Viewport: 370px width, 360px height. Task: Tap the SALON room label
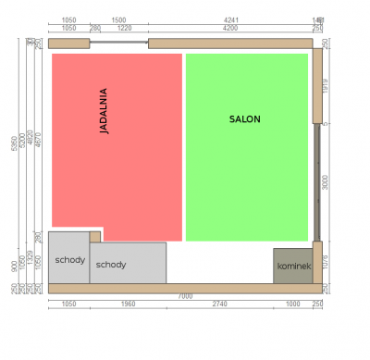click(x=245, y=119)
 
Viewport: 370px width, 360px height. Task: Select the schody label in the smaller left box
click(x=69, y=259)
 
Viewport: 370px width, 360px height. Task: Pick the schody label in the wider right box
click(x=111, y=265)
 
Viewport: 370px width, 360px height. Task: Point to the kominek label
click(x=293, y=267)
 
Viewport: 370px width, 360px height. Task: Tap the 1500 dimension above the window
click(x=118, y=19)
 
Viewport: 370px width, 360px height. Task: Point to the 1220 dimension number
click(x=124, y=28)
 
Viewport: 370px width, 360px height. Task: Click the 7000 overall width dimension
click(x=185, y=295)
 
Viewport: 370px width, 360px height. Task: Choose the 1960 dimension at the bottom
click(x=128, y=304)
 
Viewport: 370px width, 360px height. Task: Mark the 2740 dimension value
click(x=219, y=304)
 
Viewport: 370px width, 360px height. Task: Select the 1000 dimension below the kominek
click(x=293, y=304)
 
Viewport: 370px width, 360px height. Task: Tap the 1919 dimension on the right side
click(x=326, y=85)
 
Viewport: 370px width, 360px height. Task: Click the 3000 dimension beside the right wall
click(x=326, y=182)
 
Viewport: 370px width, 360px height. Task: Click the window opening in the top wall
click(x=118, y=43)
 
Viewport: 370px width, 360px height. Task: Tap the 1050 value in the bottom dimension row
click(x=68, y=304)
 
